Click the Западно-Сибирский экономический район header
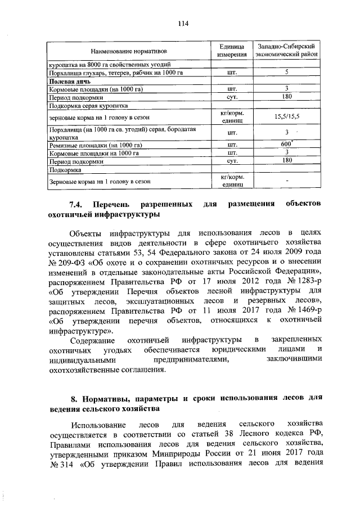point(286,50)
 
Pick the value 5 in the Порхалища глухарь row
point(286,73)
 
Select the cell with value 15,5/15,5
point(286,117)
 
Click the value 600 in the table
point(286,144)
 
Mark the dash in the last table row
point(286,181)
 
